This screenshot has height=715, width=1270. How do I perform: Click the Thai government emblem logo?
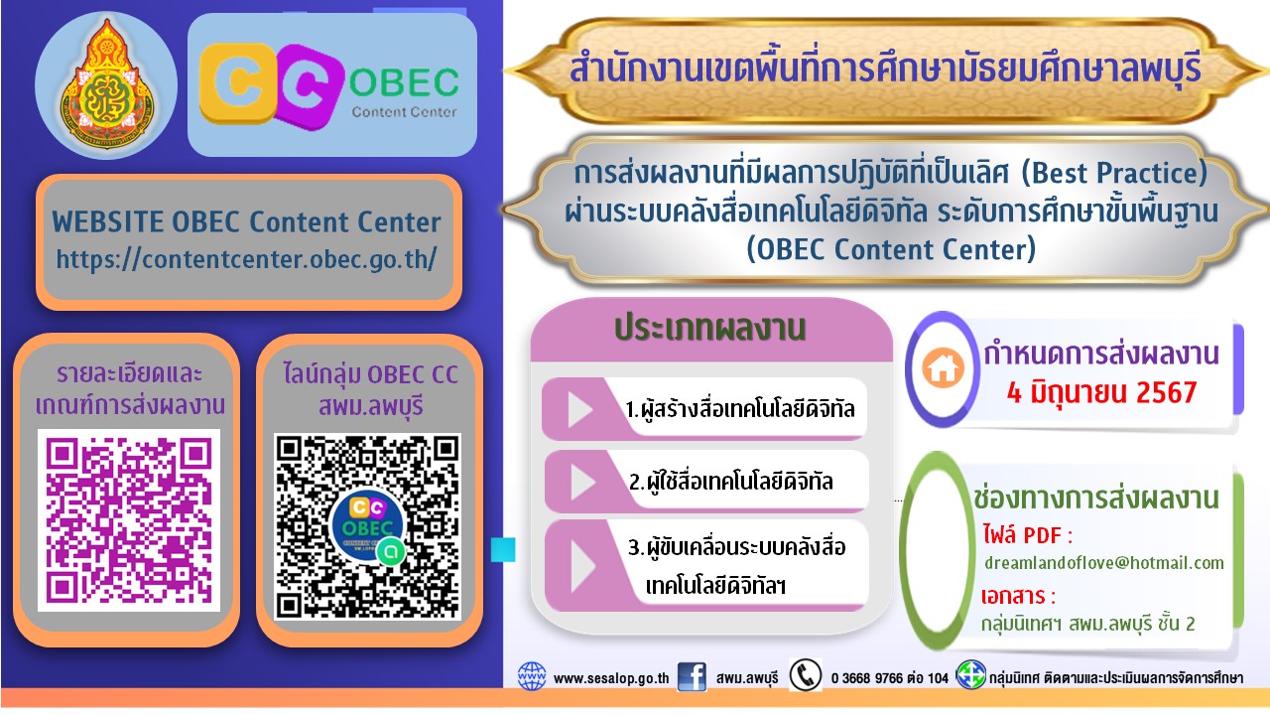pos(106,85)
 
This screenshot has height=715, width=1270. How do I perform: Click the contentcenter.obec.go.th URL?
pos(247,260)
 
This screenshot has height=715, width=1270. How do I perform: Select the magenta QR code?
pos(129,520)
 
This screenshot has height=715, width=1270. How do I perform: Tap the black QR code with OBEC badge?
pos(367,526)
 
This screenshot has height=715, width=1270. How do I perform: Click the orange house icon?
pos(943,367)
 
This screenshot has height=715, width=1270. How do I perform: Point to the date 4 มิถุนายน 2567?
pos(1101,392)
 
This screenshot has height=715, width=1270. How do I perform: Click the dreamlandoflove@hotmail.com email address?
pos(1104,563)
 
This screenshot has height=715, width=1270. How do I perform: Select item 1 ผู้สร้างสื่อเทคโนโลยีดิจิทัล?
pos(740,408)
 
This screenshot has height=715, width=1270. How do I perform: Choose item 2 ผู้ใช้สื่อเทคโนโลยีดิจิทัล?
pos(731,482)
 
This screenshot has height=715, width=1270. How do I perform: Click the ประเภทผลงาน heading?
pos(709,328)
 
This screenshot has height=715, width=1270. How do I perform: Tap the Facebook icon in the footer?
pos(692,677)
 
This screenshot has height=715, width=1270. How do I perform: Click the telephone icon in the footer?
pos(805,675)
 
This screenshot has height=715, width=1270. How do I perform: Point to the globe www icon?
pos(532,676)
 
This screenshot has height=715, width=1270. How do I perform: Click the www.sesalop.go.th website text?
pos(611,678)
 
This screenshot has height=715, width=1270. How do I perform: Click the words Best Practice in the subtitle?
pos(1114,173)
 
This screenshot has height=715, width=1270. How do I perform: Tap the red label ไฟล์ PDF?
pos(1027,535)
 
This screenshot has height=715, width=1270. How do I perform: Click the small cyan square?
pos(503,549)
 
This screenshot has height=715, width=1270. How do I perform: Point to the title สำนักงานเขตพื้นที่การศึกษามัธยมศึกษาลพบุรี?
pos(885,71)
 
